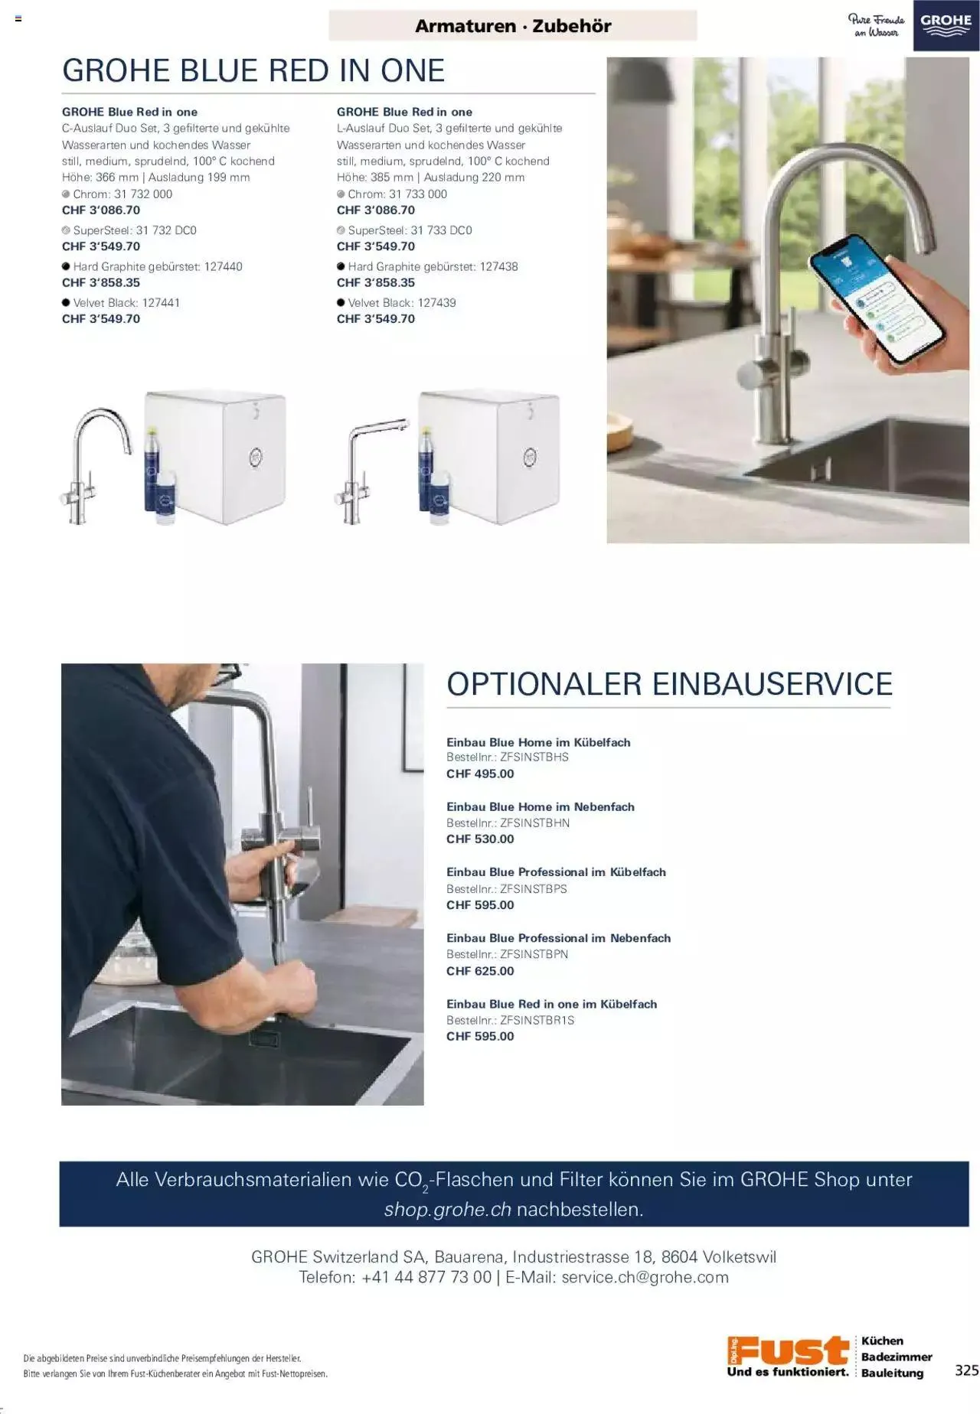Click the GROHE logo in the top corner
[x=946, y=25]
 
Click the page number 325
[x=966, y=1370]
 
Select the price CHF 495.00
[x=480, y=774]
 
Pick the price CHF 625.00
[x=480, y=971]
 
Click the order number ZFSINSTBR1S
[x=537, y=1020]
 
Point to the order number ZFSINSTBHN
[x=534, y=823]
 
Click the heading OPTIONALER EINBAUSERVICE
[x=670, y=683]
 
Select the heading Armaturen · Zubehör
[x=513, y=26]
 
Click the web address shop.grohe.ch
[x=447, y=1210]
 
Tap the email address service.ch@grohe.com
[x=645, y=1277]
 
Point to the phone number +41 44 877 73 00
[x=426, y=1277]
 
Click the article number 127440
[x=223, y=266]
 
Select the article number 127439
[x=436, y=302]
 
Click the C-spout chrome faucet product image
[x=96, y=464]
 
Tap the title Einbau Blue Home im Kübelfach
[x=538, y=742]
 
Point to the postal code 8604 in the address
[x=679, y=1256]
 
